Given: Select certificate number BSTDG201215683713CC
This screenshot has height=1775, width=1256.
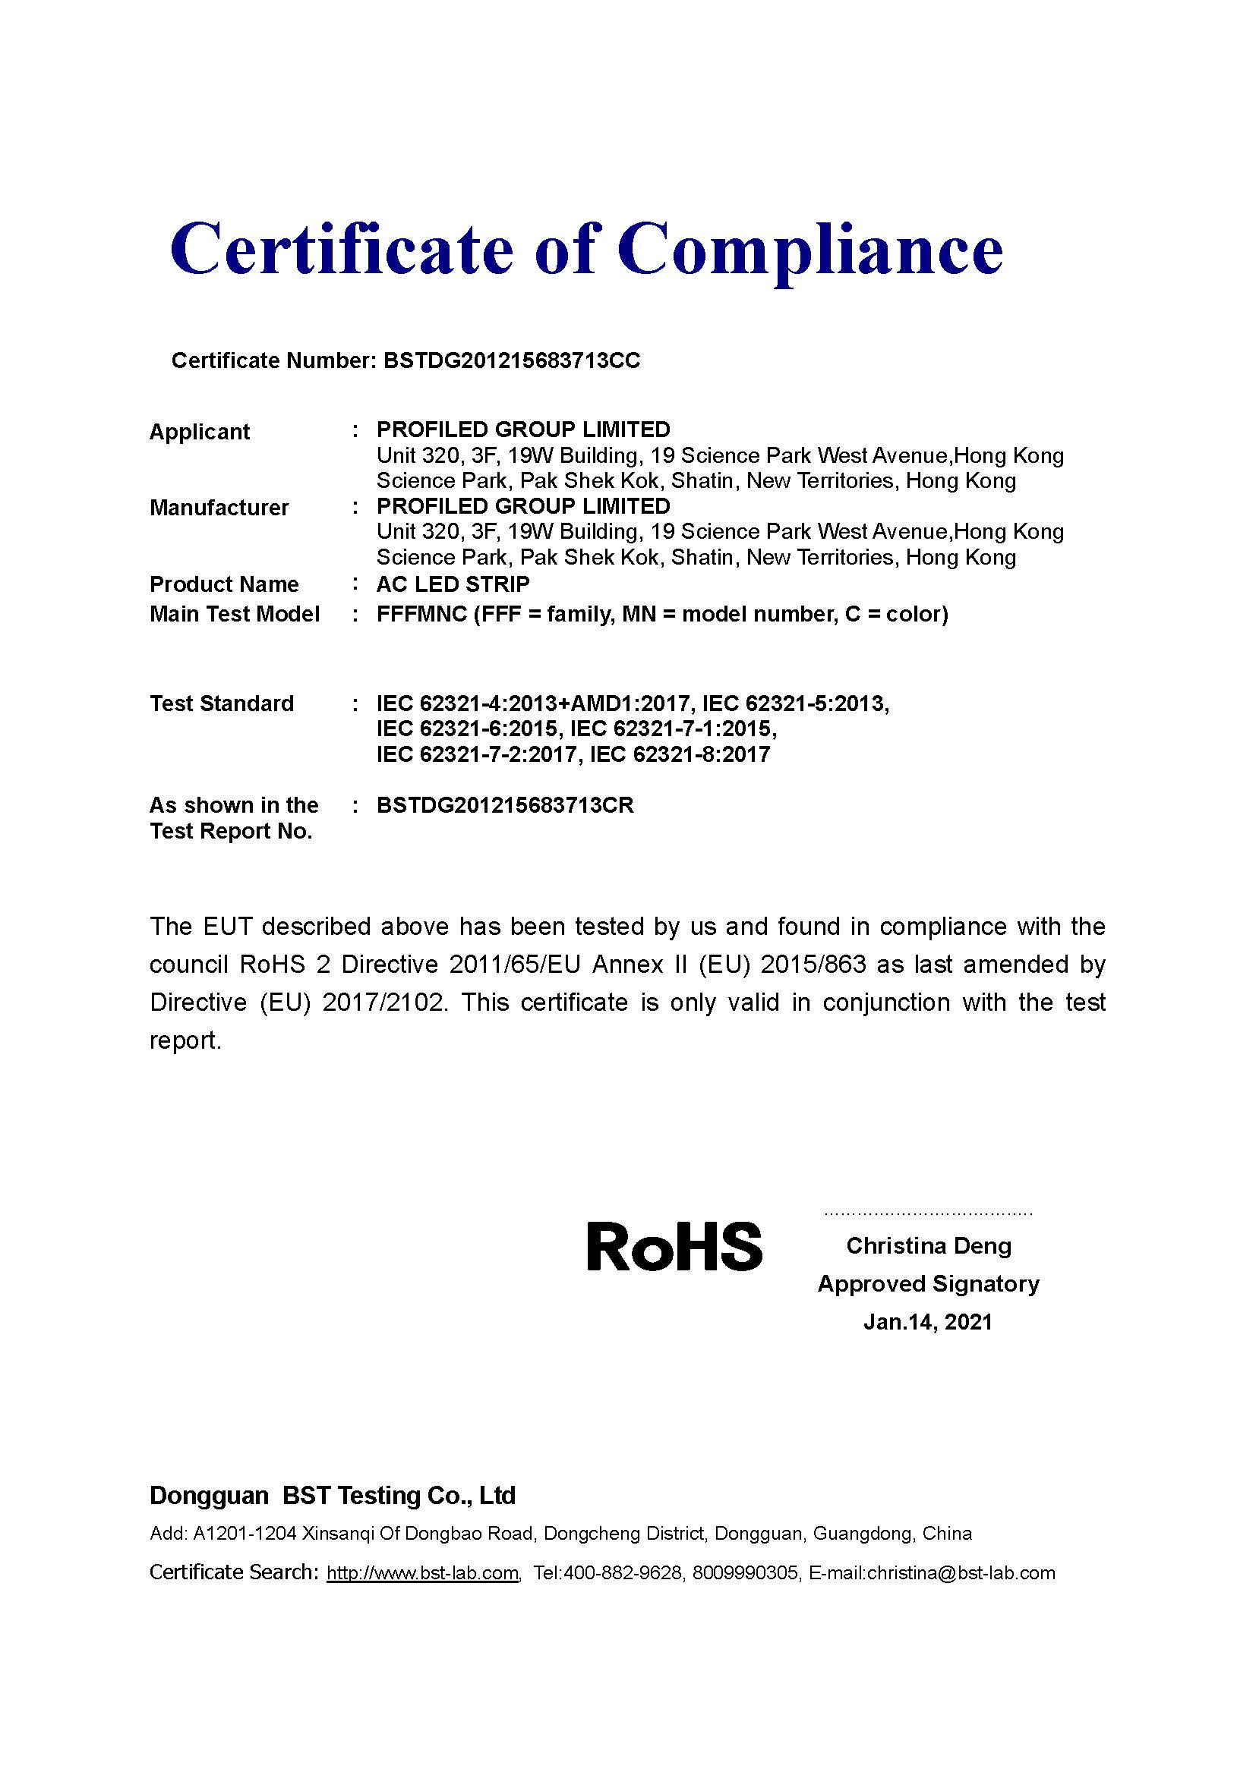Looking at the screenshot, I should pos(511,361).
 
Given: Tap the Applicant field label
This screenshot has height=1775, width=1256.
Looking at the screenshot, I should pos(200,431).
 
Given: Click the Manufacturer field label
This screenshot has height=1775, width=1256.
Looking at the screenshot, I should pos(219,507).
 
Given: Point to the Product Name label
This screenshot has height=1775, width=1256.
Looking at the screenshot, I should pos(223,584).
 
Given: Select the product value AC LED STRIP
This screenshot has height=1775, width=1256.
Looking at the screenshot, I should pos(453,584).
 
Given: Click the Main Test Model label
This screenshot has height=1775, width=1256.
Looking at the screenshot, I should pos(235,614).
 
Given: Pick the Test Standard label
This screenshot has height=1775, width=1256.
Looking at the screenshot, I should pos(221,703).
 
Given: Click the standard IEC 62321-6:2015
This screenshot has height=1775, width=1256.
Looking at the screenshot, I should pos(466,729).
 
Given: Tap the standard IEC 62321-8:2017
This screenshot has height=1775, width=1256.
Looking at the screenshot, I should pos(680,754).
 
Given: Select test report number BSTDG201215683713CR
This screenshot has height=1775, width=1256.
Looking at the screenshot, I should pos(505,806).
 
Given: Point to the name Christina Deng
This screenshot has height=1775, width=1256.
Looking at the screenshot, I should pos(928,1245).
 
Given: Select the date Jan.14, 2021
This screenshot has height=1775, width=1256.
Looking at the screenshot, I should pos(927,1321).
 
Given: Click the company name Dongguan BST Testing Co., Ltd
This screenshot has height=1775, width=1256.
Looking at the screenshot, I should pos(332,1495).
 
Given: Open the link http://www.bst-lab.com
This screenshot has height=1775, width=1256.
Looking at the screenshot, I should pos(422,1572).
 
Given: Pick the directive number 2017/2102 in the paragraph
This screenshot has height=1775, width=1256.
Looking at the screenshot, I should pos(384,1002).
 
